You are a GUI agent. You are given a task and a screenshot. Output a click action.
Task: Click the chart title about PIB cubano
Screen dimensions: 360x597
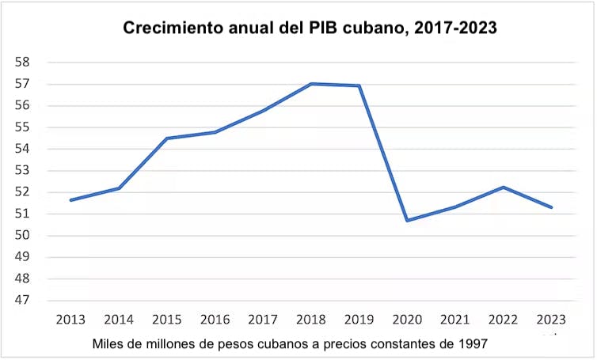tap(310, 28)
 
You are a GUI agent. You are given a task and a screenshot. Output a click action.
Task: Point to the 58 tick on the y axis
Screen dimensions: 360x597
tap(23, 63)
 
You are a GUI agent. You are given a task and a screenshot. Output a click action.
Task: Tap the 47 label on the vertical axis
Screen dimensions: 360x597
tap(23, 301)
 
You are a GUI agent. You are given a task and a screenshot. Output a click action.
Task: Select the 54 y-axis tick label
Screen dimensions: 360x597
tap(23, 149)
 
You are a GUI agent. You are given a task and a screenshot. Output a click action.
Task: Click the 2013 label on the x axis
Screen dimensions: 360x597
tap(71, 320)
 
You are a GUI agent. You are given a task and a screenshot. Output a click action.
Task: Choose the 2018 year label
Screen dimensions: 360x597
tap(311, 320)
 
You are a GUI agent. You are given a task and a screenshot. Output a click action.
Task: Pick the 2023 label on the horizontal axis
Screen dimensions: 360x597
tap(551, 320)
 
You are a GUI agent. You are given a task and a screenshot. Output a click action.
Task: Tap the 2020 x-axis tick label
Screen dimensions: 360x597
tap(407, 320)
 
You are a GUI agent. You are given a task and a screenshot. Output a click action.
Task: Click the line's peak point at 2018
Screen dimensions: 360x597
tap(311, 84)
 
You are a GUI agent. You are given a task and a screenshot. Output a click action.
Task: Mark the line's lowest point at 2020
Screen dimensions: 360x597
tap(407, 220)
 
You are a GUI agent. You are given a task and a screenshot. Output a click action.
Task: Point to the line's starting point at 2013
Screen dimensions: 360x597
tap(71, 200)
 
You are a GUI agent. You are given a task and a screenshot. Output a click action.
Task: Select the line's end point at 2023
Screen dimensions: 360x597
tap(551, 207)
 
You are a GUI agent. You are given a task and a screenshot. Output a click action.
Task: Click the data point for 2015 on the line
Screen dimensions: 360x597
tap(167, 138)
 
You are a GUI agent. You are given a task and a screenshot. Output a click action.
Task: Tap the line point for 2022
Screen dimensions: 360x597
tap(503, 188)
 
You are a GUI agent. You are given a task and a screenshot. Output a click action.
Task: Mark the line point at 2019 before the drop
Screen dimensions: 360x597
tap(359, 85)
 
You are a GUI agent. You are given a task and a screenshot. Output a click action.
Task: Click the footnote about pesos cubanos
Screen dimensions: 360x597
tap(289, 344)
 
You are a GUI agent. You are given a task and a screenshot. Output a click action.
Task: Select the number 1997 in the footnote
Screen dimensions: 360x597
tap(471, 344)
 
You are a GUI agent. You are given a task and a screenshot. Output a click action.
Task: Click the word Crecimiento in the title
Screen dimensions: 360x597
tap(170, 28)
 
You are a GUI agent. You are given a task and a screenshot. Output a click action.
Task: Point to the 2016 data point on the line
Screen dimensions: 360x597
tap(215, 132)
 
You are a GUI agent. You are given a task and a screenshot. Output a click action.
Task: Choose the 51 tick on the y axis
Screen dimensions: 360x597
tap(23, 214)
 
